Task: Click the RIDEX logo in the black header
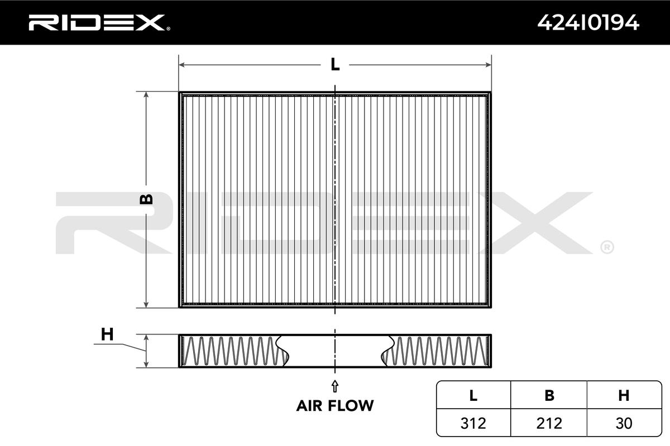[99, 23]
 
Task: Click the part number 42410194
[588, 23]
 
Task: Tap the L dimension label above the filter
[335, 64]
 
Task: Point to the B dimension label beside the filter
[146, 199]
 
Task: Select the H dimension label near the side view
[107, 334]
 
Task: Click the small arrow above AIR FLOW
[334, 386]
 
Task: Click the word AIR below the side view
[309, 406]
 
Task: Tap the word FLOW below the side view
[351, 406]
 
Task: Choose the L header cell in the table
[473, 395]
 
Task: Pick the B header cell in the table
[549, 395]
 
